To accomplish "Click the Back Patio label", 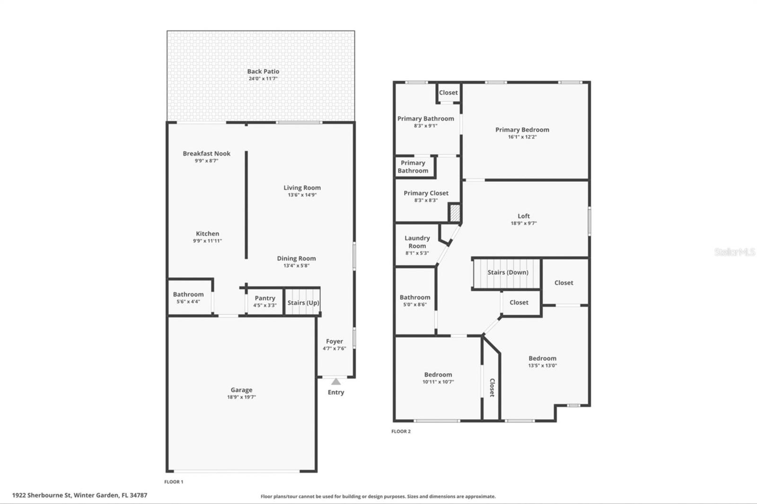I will click(x=263, y=71).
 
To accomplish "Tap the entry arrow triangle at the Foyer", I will click(x=335, y=382).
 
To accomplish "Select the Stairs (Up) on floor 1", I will click(x=303, y=303).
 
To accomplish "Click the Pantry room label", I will click(x=264, y=298).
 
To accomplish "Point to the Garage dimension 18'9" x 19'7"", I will click(x=241, y=397).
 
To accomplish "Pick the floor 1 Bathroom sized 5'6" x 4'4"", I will click(x=188, y=297).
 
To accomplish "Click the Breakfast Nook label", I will click(x=206, y=154).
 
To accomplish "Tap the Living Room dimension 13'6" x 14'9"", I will click(x=302, y=195).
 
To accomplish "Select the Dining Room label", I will click(x=296, y=259).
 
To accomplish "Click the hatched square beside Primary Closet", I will click(x=454, y=212).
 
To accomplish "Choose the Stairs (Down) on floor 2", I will click(x=507, y=273).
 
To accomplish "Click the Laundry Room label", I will click(x=417, y=242).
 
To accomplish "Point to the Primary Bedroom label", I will click(x=522, y=130).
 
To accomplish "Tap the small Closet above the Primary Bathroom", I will click(x=448, y=93).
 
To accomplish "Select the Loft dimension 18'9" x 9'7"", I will click(x=523, y=223).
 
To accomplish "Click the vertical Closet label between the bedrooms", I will click(x=492, y=388).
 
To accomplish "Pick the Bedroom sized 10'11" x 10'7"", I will click(x=438, y=378).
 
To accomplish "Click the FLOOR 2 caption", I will click(x=401, y=431).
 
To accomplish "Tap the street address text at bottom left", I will click(x=79, y=495).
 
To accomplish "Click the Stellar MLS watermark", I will click(x=734, y=252).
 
